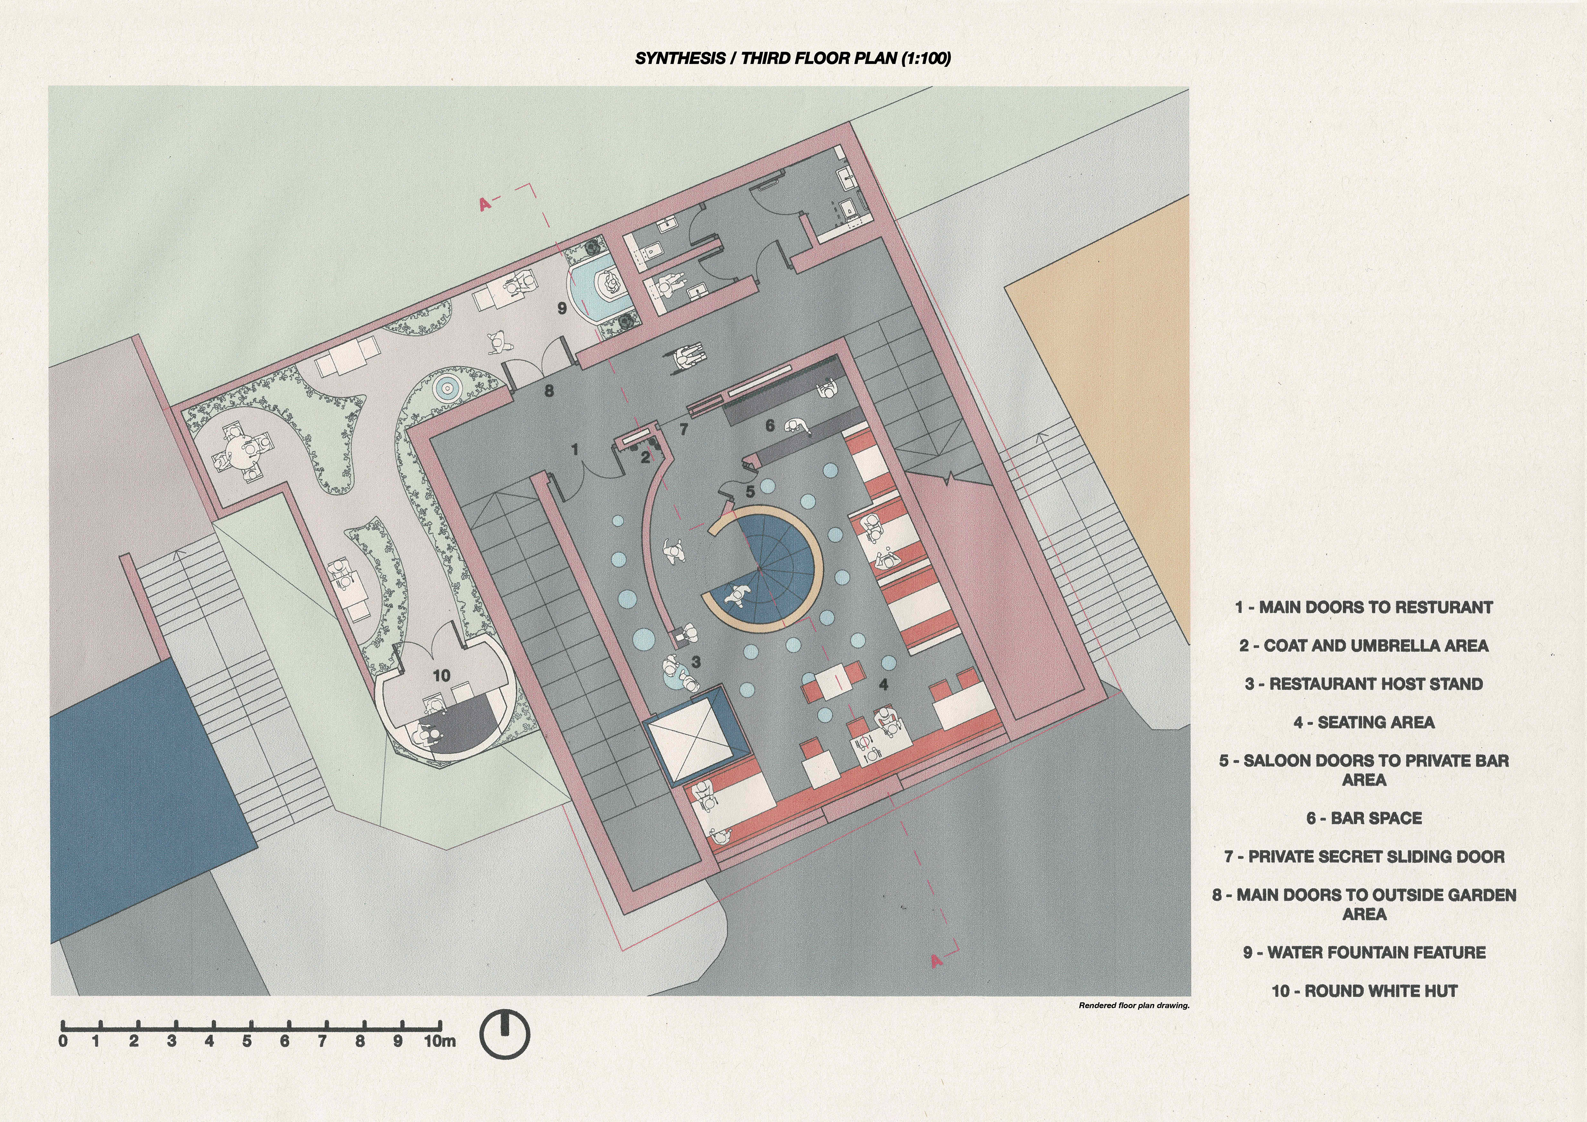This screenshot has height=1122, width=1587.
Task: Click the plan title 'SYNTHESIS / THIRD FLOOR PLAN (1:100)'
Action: click(x=793, y=58)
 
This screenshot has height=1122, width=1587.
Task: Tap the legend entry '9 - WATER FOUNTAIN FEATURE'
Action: click(x=1364, y=953)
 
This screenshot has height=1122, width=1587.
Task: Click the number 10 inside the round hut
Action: click(x=441, y=675)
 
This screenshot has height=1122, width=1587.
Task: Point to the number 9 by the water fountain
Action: click(x=562, y=308)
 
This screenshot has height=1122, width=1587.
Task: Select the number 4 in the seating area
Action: click(x=883, y=684)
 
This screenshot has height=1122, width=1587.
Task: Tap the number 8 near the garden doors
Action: click(x=549, y=391)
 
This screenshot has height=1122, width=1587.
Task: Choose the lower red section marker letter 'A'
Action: click(x=936, y=960)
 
